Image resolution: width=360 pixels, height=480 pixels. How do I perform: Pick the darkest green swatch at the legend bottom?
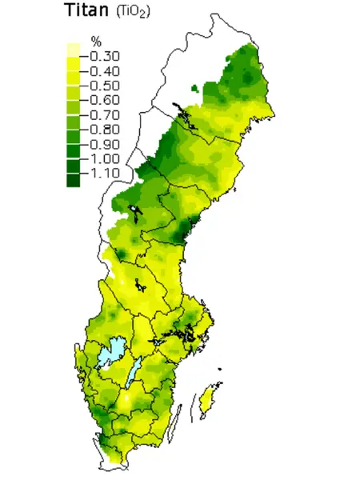tap(74, 180)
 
